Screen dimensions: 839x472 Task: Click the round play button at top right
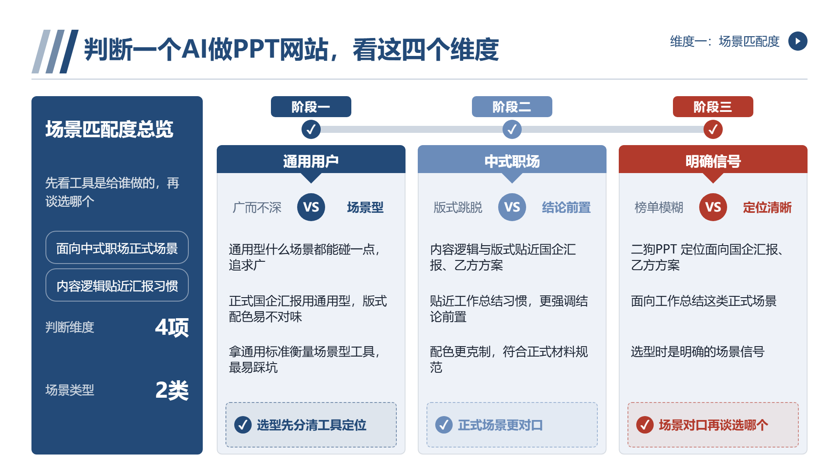coord(797,41)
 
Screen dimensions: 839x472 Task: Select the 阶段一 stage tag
coord(311,107)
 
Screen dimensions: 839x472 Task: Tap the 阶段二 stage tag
coord(512,107)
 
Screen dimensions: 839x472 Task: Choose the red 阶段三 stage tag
coord(713,107)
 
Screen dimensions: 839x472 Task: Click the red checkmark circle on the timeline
coord(713,129)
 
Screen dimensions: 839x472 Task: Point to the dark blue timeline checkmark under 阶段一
coord(311,129)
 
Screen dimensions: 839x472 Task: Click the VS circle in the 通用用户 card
coord(311,207)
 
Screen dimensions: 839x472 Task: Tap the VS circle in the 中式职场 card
coord(512,207)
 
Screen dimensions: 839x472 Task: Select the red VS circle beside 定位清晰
coord(713,207)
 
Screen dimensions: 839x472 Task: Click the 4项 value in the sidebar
coord(172,327)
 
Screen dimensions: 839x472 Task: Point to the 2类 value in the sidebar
coord(172,390)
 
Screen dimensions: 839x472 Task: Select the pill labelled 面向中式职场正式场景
coord(117,247)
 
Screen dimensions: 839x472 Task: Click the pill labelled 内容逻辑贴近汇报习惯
coord(117,285)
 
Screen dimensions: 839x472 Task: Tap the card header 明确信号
coord(713,162)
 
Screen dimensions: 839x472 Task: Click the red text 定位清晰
coord(767,208)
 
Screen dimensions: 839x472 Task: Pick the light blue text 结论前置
coord(566,208)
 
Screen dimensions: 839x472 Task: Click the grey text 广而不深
coord(257,208)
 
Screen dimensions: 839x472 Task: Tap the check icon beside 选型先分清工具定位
coord(243,425)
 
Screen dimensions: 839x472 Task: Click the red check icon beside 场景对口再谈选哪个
coord(645,425)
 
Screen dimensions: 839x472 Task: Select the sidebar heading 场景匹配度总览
coord(109,129)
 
